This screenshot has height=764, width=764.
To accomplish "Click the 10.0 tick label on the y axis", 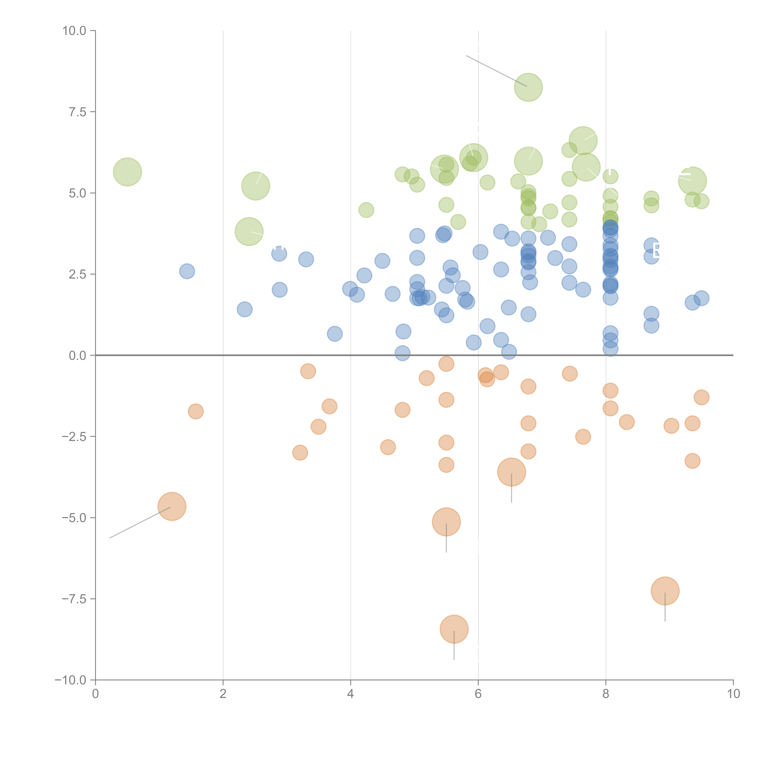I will coord(74,31).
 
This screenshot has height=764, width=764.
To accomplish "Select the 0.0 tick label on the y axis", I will coord(77,356).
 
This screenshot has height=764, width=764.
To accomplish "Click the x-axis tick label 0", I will coord(95,694).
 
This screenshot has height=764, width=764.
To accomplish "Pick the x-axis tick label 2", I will coord(223,694).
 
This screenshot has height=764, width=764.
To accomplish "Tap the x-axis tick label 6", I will coord(478,694).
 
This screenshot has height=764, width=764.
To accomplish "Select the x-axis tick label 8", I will coord(606,694).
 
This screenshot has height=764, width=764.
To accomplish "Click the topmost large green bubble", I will coord(528,87).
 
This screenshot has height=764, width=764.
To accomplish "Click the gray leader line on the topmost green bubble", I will coord(496,71).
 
